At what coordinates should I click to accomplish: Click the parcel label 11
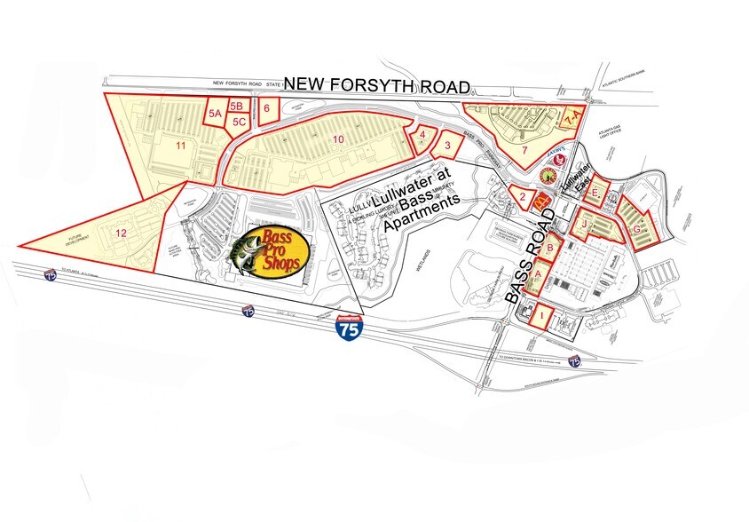[179, 144]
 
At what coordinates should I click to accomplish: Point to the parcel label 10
[337, 139]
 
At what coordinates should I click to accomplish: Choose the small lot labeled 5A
[214, 115]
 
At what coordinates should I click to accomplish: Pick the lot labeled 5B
[235, 107]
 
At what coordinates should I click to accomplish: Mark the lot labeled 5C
[239, 122]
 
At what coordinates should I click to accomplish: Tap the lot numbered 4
[423, 135]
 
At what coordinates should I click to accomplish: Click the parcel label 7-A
[571, 116]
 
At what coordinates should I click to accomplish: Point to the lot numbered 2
[524, 197]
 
